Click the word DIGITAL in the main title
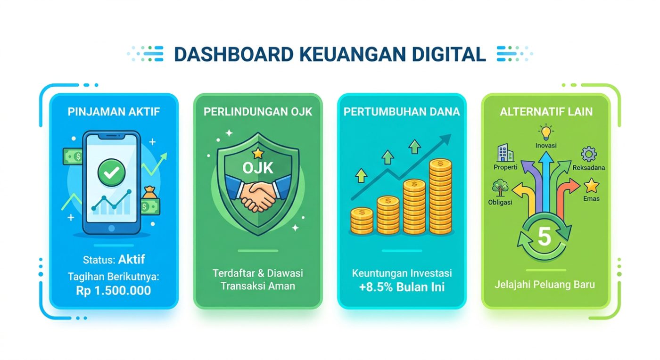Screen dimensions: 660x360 pos(448,54)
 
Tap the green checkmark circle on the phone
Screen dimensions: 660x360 pos(111,172)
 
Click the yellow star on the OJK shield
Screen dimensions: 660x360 pos(258,153)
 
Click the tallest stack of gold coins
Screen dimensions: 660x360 pos(440,196)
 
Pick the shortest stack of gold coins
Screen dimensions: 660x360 pos(362,221)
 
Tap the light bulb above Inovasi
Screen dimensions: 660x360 pos(546,132)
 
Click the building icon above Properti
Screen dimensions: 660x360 pos(505,153)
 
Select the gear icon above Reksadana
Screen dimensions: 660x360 pos(589,154)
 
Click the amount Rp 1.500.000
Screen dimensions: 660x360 pos(114,291)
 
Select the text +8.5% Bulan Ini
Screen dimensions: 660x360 pos(402,287)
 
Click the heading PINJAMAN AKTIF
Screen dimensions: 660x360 pos(114,112)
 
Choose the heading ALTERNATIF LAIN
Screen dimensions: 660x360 pos(546,112)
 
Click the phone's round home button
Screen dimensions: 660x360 pos(111,228)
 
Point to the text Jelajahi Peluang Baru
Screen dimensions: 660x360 pos(545,285)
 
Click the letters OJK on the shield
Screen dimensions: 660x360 pos(258,168)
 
